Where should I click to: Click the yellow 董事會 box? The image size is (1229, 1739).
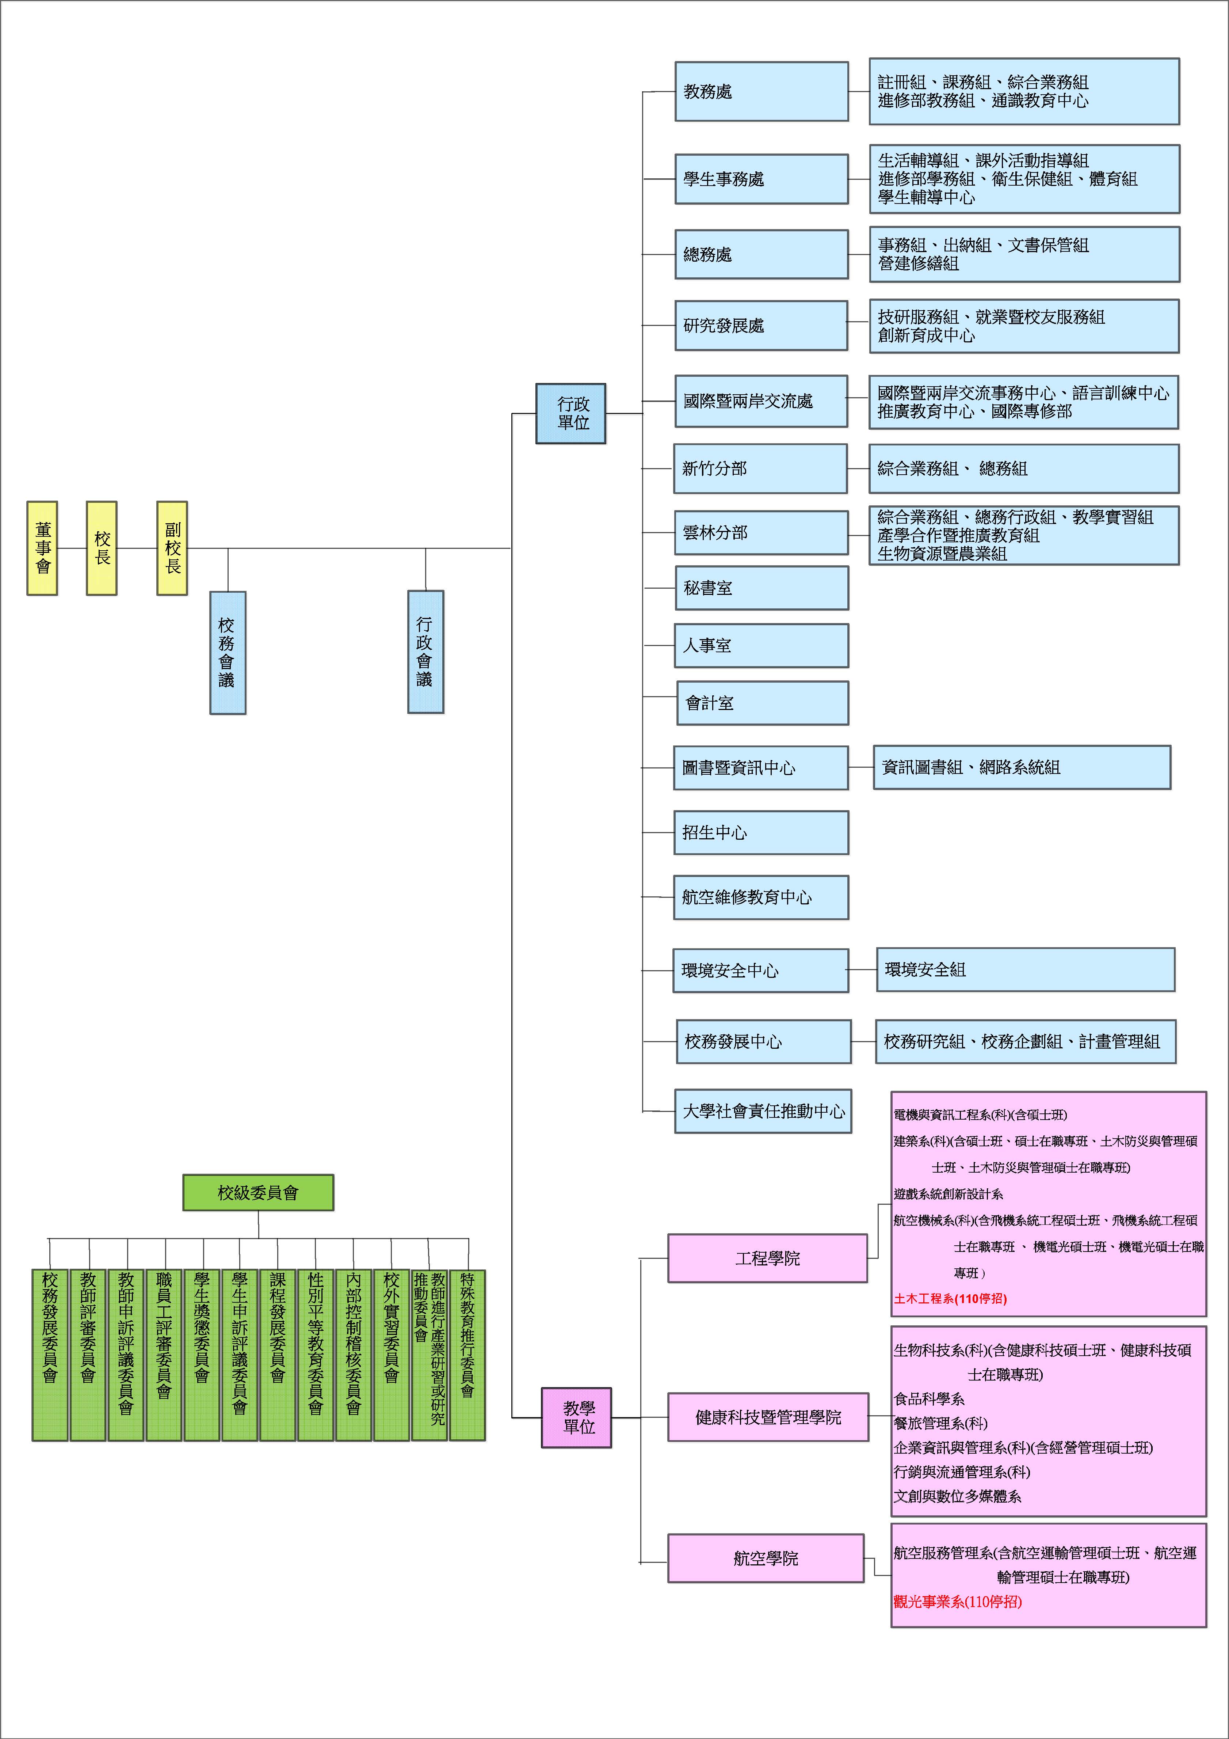click(42, 548)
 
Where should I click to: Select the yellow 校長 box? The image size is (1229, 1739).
click(102, 548)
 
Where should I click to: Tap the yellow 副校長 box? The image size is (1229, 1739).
click(172, 548)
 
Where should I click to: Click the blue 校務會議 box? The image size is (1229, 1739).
click(228, 652)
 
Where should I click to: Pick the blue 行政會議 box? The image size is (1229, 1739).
click(425, 652)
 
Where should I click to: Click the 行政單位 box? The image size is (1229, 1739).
click(571, 414)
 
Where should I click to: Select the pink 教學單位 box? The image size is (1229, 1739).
click(576, 1418)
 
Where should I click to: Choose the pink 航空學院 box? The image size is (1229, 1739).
click(766, 1558)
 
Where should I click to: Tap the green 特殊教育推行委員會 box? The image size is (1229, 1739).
click(467, 1355)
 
